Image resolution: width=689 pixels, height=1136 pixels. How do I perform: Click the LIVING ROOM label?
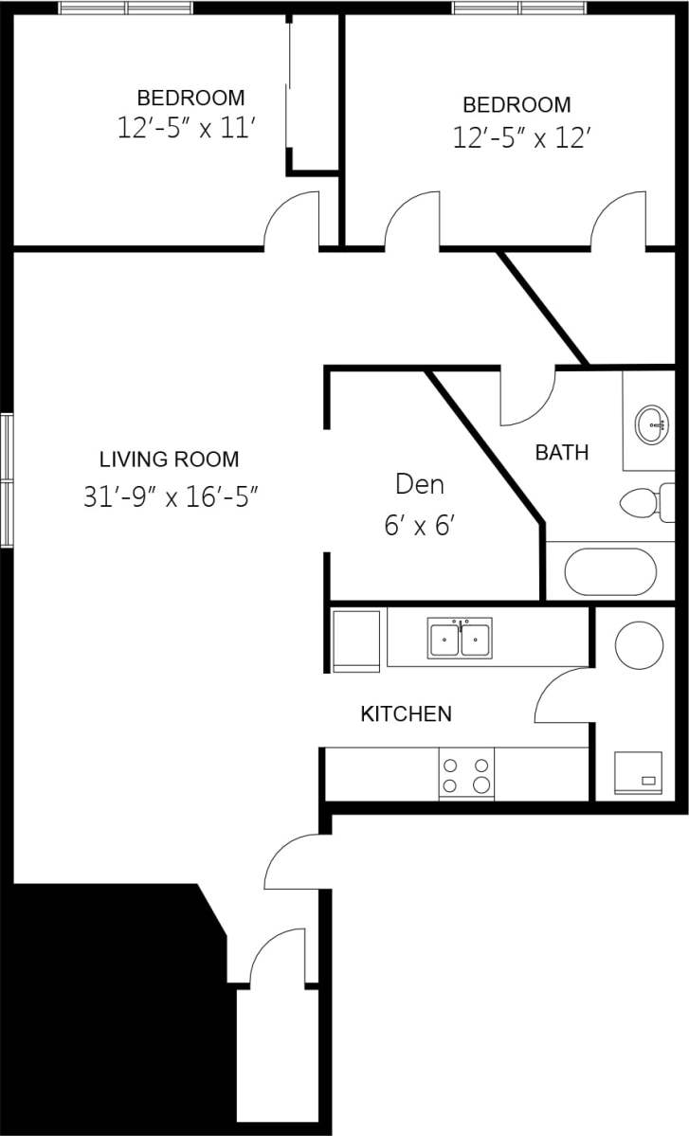169,460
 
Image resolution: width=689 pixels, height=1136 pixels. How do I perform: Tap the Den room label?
420,485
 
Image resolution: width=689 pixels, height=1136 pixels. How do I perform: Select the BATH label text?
561,453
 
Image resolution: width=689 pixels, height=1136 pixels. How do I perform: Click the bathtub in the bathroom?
610,571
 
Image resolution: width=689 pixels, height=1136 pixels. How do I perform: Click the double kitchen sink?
460,640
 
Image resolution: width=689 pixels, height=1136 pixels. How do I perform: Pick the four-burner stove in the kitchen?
466,774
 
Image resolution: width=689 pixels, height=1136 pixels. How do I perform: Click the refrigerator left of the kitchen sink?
356,641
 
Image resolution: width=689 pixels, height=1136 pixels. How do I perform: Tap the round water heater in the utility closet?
639,645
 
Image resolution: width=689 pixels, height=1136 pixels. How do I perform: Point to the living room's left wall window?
7,480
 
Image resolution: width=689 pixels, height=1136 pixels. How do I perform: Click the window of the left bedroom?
126,8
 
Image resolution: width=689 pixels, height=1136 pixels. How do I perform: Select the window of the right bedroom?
519,8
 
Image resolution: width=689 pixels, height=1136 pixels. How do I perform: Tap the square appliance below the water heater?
638,773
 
